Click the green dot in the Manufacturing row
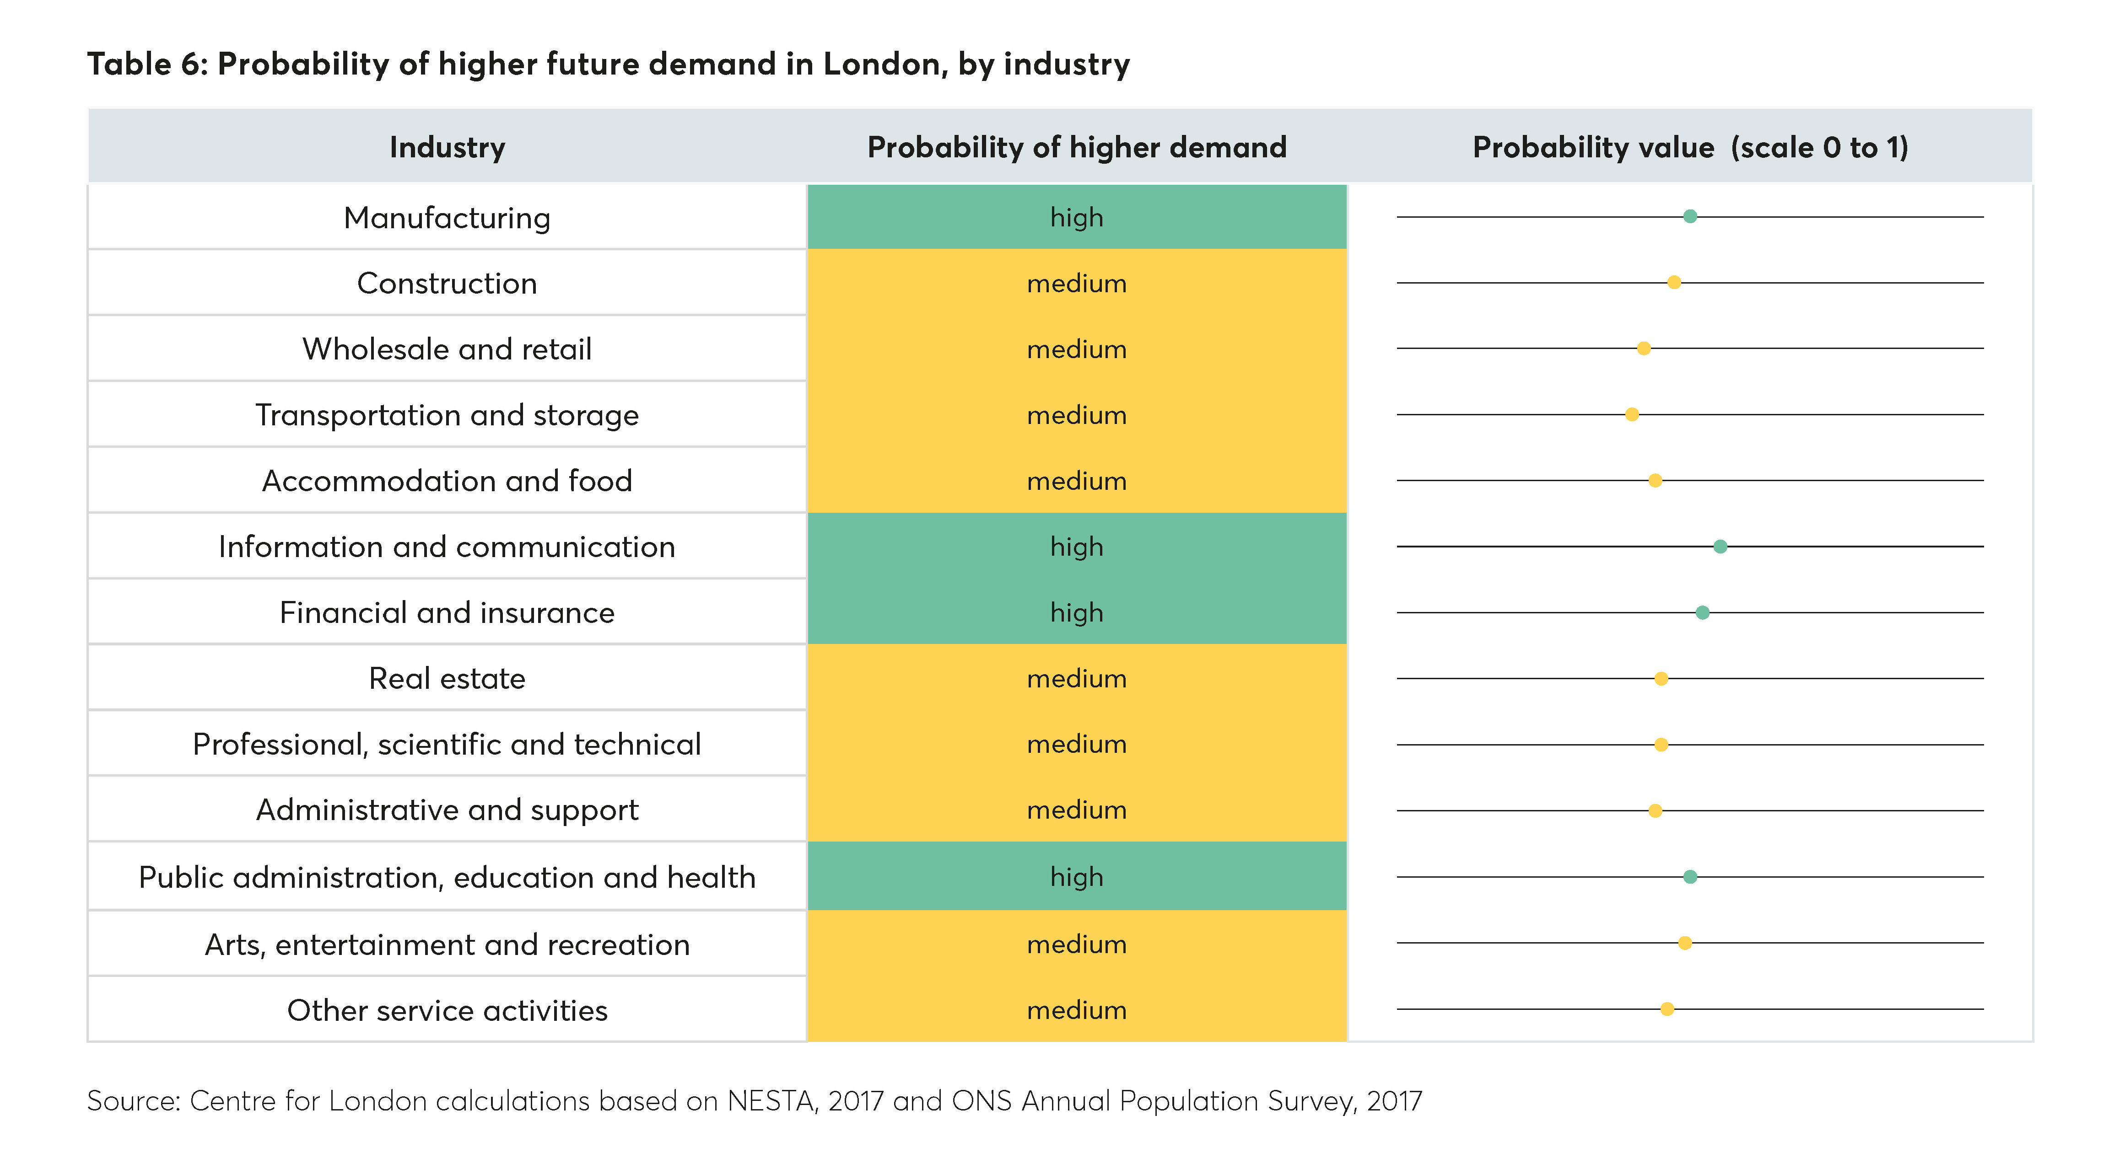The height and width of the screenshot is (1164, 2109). click(x=1690, y=217)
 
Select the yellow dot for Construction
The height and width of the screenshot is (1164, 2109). click(x=1674, y=282)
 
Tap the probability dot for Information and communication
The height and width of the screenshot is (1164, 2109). click(x=1720, y=546)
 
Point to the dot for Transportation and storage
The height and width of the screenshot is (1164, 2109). click(x=1632, y=414)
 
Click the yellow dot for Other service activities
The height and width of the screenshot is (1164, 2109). click(x=1667, y=1008)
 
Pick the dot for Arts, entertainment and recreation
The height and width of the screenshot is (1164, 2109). click(x=1685, y=943)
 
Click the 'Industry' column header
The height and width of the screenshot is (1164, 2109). click(x=447, y=147)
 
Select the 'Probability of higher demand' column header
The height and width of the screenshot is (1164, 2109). click(x=1077, y=147)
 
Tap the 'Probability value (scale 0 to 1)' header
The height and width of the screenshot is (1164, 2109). click(x=1690, y=147)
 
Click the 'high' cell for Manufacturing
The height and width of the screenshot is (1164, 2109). click(x=1077, y=218)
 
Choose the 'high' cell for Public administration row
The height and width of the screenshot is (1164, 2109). click(x=1077, y=877)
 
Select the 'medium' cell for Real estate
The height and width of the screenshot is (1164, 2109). click(x=1077, y=679)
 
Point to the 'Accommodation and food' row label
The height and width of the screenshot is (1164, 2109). click(x=447, y=481)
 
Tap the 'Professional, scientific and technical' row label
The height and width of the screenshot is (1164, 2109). click(x=447, y=744)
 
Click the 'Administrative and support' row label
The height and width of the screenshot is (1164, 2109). click(x=447, y=810)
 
